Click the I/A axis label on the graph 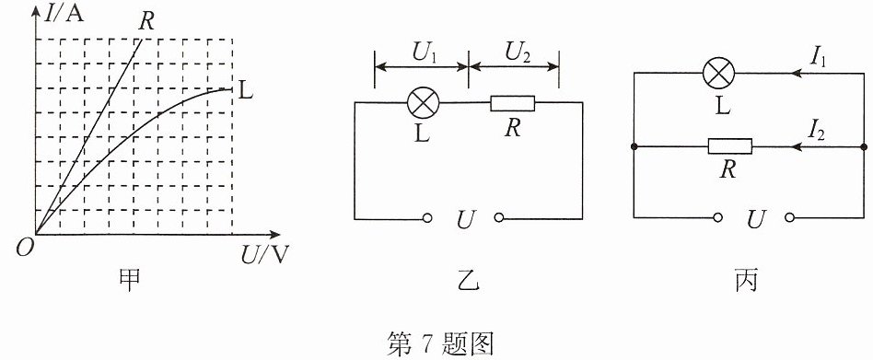(x=64, y=14)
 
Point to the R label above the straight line (x=147, y=23)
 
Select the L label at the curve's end (x=246, y=91)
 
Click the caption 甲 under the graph (x=130, y=281)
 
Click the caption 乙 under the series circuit (x=467, y=281)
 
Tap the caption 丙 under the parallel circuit (x=746, y=281)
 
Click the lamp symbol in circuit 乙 (x=424, y=103)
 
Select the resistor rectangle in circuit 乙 (x=512, y=103)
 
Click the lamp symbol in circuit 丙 (x=719, y=73)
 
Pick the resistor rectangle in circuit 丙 (x=730, y=147)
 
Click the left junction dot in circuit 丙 (x=634, y=147)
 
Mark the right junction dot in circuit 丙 (x=864, y=147)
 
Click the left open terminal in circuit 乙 (x=427, y=219)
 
